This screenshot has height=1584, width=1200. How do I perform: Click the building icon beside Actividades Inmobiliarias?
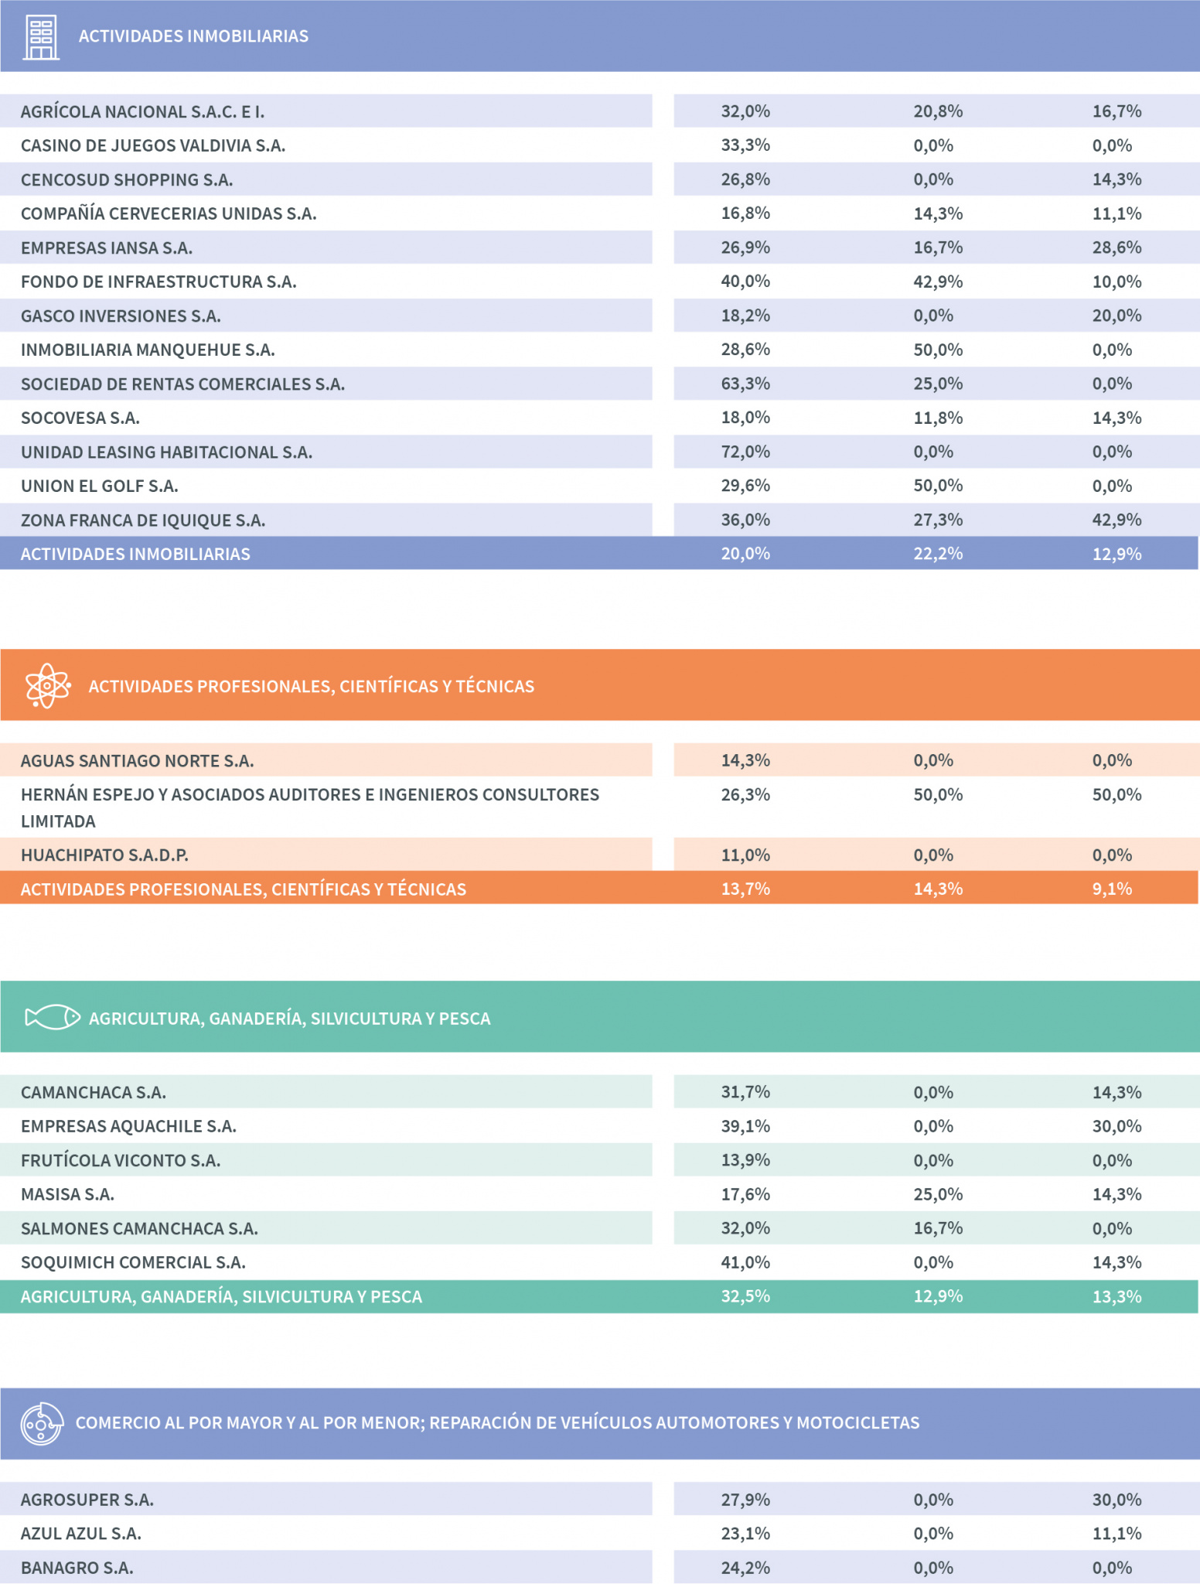[x=41, y=37]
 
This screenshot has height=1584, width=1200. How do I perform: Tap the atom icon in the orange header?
[x=47, y=685]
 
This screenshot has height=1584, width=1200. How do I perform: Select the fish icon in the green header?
[x=53, y=1017]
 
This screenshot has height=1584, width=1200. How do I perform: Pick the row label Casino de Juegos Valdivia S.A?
[x=153, y=145]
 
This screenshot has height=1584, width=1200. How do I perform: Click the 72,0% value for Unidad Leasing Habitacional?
[x=745, y=452]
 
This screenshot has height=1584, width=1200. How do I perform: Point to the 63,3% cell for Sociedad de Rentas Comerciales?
[x=745, y=384]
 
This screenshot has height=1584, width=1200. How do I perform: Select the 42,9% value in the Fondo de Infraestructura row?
[x=938, y=282]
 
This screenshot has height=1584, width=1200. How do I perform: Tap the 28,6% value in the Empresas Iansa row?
[x=1116, y=247]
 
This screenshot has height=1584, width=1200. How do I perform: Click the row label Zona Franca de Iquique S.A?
[x=143, y=521]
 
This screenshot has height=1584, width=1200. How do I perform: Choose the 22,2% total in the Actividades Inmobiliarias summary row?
[x=938, y=554]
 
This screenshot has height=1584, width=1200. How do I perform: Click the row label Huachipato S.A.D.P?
[x=104, y=855]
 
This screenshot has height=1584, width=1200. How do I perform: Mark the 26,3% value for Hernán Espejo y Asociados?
[x=745, y=795]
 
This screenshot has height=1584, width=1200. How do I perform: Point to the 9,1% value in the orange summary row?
[x=1112, y=889]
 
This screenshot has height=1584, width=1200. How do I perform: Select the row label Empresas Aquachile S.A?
[x=128, y=1126]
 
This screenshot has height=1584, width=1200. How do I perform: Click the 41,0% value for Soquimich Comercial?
[x=745, y=1262]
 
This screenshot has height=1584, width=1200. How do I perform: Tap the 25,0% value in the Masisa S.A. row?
[x=938, y=1194]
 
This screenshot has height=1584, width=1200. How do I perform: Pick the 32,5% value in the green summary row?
[x=745, y=1296]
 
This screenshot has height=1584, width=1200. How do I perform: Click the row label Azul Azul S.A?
[x=81, y=1534]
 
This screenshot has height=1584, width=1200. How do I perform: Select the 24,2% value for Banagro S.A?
[x=745, y=1568]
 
